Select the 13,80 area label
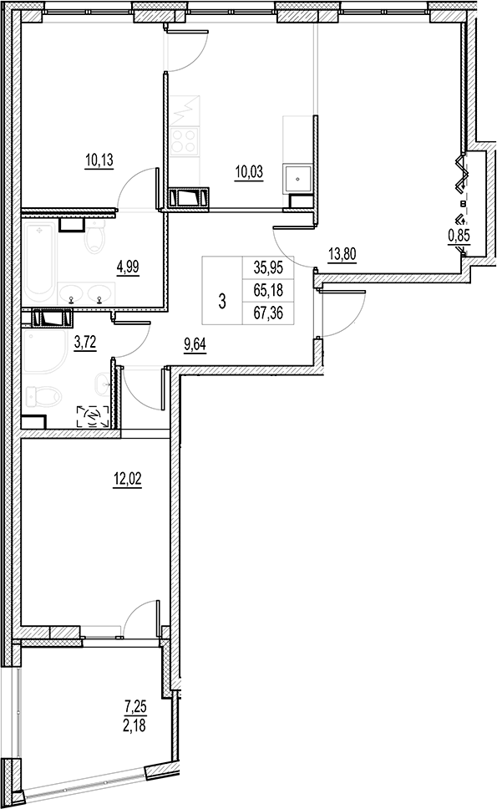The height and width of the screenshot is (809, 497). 342,256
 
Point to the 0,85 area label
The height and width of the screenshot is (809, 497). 458,236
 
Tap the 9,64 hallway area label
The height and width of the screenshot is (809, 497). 195,341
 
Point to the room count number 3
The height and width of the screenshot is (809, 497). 221,302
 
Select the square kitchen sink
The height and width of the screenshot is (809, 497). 297,178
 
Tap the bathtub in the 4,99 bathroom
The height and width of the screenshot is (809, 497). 39,261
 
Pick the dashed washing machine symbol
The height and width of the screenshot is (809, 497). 94,415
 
